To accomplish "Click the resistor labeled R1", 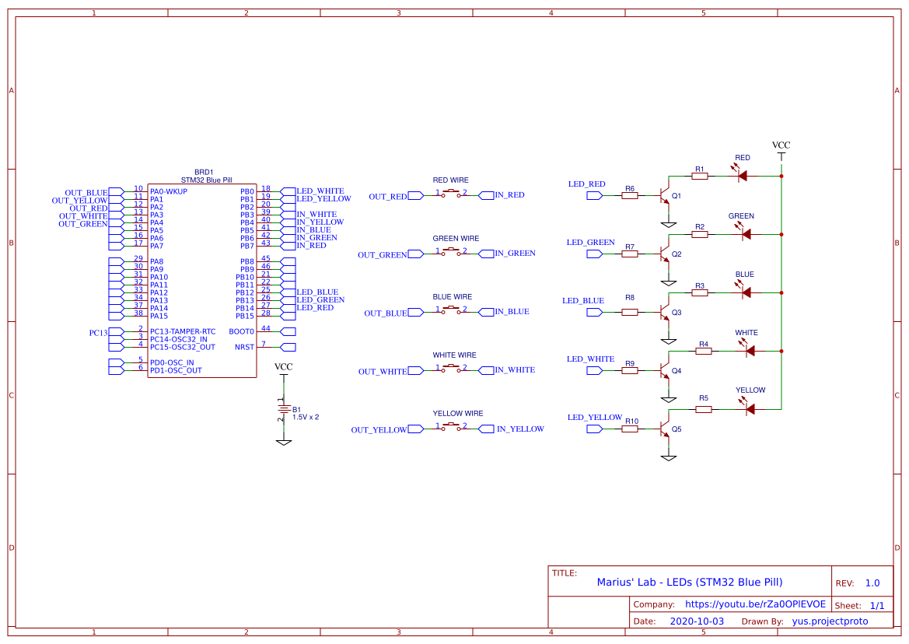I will tap(700, 177).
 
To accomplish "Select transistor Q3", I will tap(665, 312).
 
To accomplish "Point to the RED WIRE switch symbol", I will tap(451, 195).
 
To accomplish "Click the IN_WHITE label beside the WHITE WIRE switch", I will tap(515, 370).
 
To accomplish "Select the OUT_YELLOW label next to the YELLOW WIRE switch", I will tap(379, 430).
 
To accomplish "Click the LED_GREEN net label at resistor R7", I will tap(590, 243).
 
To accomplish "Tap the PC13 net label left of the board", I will tap(99, 333).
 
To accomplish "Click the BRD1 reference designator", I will tap(203, 172).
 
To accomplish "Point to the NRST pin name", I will tap(244, 347).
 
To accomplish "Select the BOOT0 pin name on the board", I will tap(243, 331).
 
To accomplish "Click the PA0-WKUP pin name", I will tap(169, 191).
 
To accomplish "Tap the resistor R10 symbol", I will tap(630, 429).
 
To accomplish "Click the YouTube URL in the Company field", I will tap(750, 604).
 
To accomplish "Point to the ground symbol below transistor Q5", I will tap(668, 457).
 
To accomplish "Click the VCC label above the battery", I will tap(284, 367).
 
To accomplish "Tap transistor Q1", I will tap(665, 194).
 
